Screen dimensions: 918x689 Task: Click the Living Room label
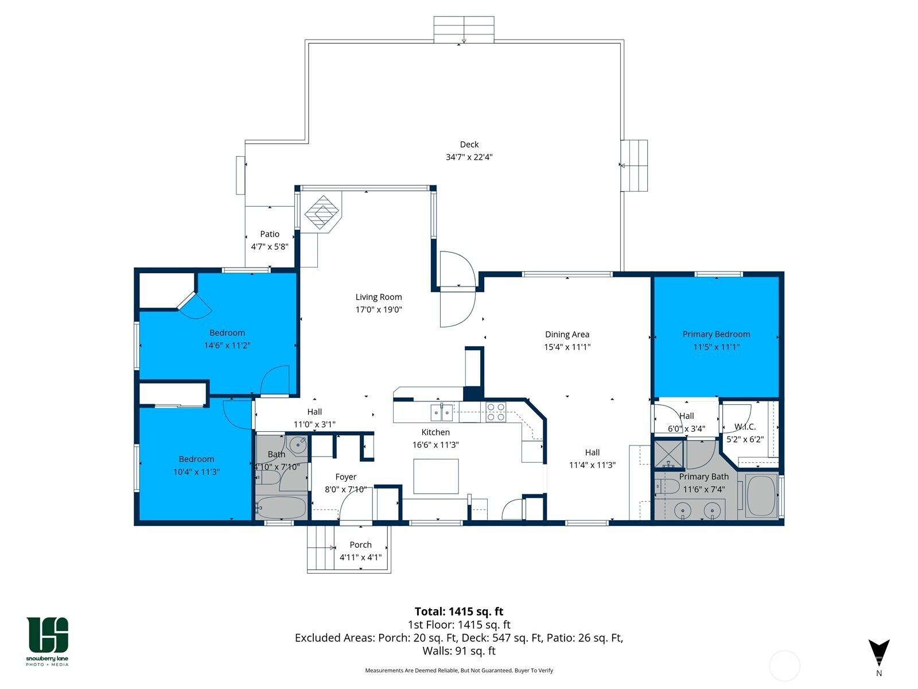[x=379, y=297]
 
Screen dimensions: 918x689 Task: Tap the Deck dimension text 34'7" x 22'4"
[x=469, y=157]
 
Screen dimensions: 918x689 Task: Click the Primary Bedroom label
[x=716, y=334]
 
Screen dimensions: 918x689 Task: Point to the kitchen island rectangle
[x=436, y=476]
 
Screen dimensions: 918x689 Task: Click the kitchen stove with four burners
[x=496, y=412]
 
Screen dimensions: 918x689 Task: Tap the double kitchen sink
[x=442, y=412]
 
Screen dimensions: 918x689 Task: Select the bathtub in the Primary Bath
[x=761, y=495]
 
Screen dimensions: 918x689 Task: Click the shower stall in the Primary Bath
[x=669, y=454]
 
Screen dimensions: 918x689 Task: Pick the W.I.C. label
[x=745, y=427]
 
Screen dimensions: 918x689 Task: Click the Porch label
[x=360, y=545]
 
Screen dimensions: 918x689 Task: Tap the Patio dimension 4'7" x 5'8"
[x=269, y=246]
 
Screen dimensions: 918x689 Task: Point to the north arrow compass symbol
[x=878, y=653]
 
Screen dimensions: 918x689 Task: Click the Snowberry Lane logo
[x=47, y=641]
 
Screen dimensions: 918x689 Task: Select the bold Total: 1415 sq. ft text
[x=459, y=611]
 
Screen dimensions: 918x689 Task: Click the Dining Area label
[x=567, y=334]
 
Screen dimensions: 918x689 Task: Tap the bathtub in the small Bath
[x=281, y=508]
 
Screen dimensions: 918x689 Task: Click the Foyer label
[x=345, y=477]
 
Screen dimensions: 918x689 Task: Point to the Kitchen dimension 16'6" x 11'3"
[x=435, y=444]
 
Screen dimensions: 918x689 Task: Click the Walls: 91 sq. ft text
[x=459, y=651]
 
